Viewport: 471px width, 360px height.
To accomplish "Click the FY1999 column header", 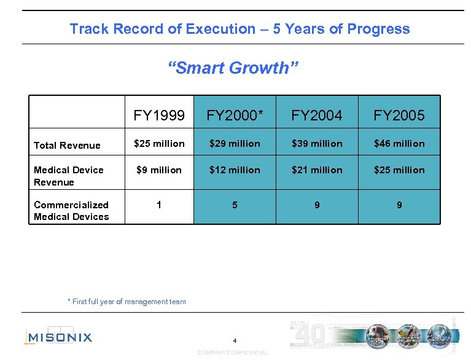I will [159, 115].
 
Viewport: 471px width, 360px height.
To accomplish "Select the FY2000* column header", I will [235, 115].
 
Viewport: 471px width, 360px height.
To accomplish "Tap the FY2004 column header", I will [317, 115].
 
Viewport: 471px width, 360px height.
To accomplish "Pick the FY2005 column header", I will [399, 115].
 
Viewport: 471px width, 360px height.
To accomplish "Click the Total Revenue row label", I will [67, 146].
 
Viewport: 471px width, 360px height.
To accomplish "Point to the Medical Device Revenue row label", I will [68, 176].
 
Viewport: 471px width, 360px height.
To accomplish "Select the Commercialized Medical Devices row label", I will [71, 211].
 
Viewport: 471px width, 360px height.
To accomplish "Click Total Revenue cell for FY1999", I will [159, 144].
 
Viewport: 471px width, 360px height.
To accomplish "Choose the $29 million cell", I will [235, 144].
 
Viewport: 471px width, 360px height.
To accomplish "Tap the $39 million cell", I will [317, 144].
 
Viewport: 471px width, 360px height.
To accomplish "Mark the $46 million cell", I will [399, 144].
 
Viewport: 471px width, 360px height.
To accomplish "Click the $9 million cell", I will [159, 170].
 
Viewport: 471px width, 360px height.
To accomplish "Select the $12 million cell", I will [235, 170].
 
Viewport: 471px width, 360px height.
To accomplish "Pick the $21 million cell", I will [317, 170].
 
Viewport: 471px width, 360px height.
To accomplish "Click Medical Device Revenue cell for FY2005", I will [399, 170].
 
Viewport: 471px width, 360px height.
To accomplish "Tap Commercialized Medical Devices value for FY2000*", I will [235, 205].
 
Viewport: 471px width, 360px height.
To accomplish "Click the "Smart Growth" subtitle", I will [233, 68].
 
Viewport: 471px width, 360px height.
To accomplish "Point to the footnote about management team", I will [127, 302].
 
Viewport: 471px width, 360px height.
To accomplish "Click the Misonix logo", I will [58, 337].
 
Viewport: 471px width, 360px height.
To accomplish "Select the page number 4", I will [234, 340].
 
